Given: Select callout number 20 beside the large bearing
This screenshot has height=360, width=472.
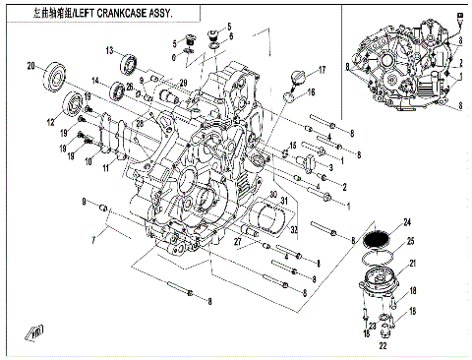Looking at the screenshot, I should point(30,66).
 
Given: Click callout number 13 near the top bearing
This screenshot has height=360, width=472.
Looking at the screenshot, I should point(110,49).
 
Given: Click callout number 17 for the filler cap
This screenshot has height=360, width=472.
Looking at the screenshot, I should point(322,71).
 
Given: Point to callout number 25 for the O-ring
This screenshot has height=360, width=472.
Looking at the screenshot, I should point(411,241).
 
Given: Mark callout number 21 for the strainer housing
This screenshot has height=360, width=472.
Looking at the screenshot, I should point(412,264).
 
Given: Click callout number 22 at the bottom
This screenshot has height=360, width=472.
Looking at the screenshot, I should point(382,345).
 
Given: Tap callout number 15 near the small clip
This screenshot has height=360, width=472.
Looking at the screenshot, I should point(292,147).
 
